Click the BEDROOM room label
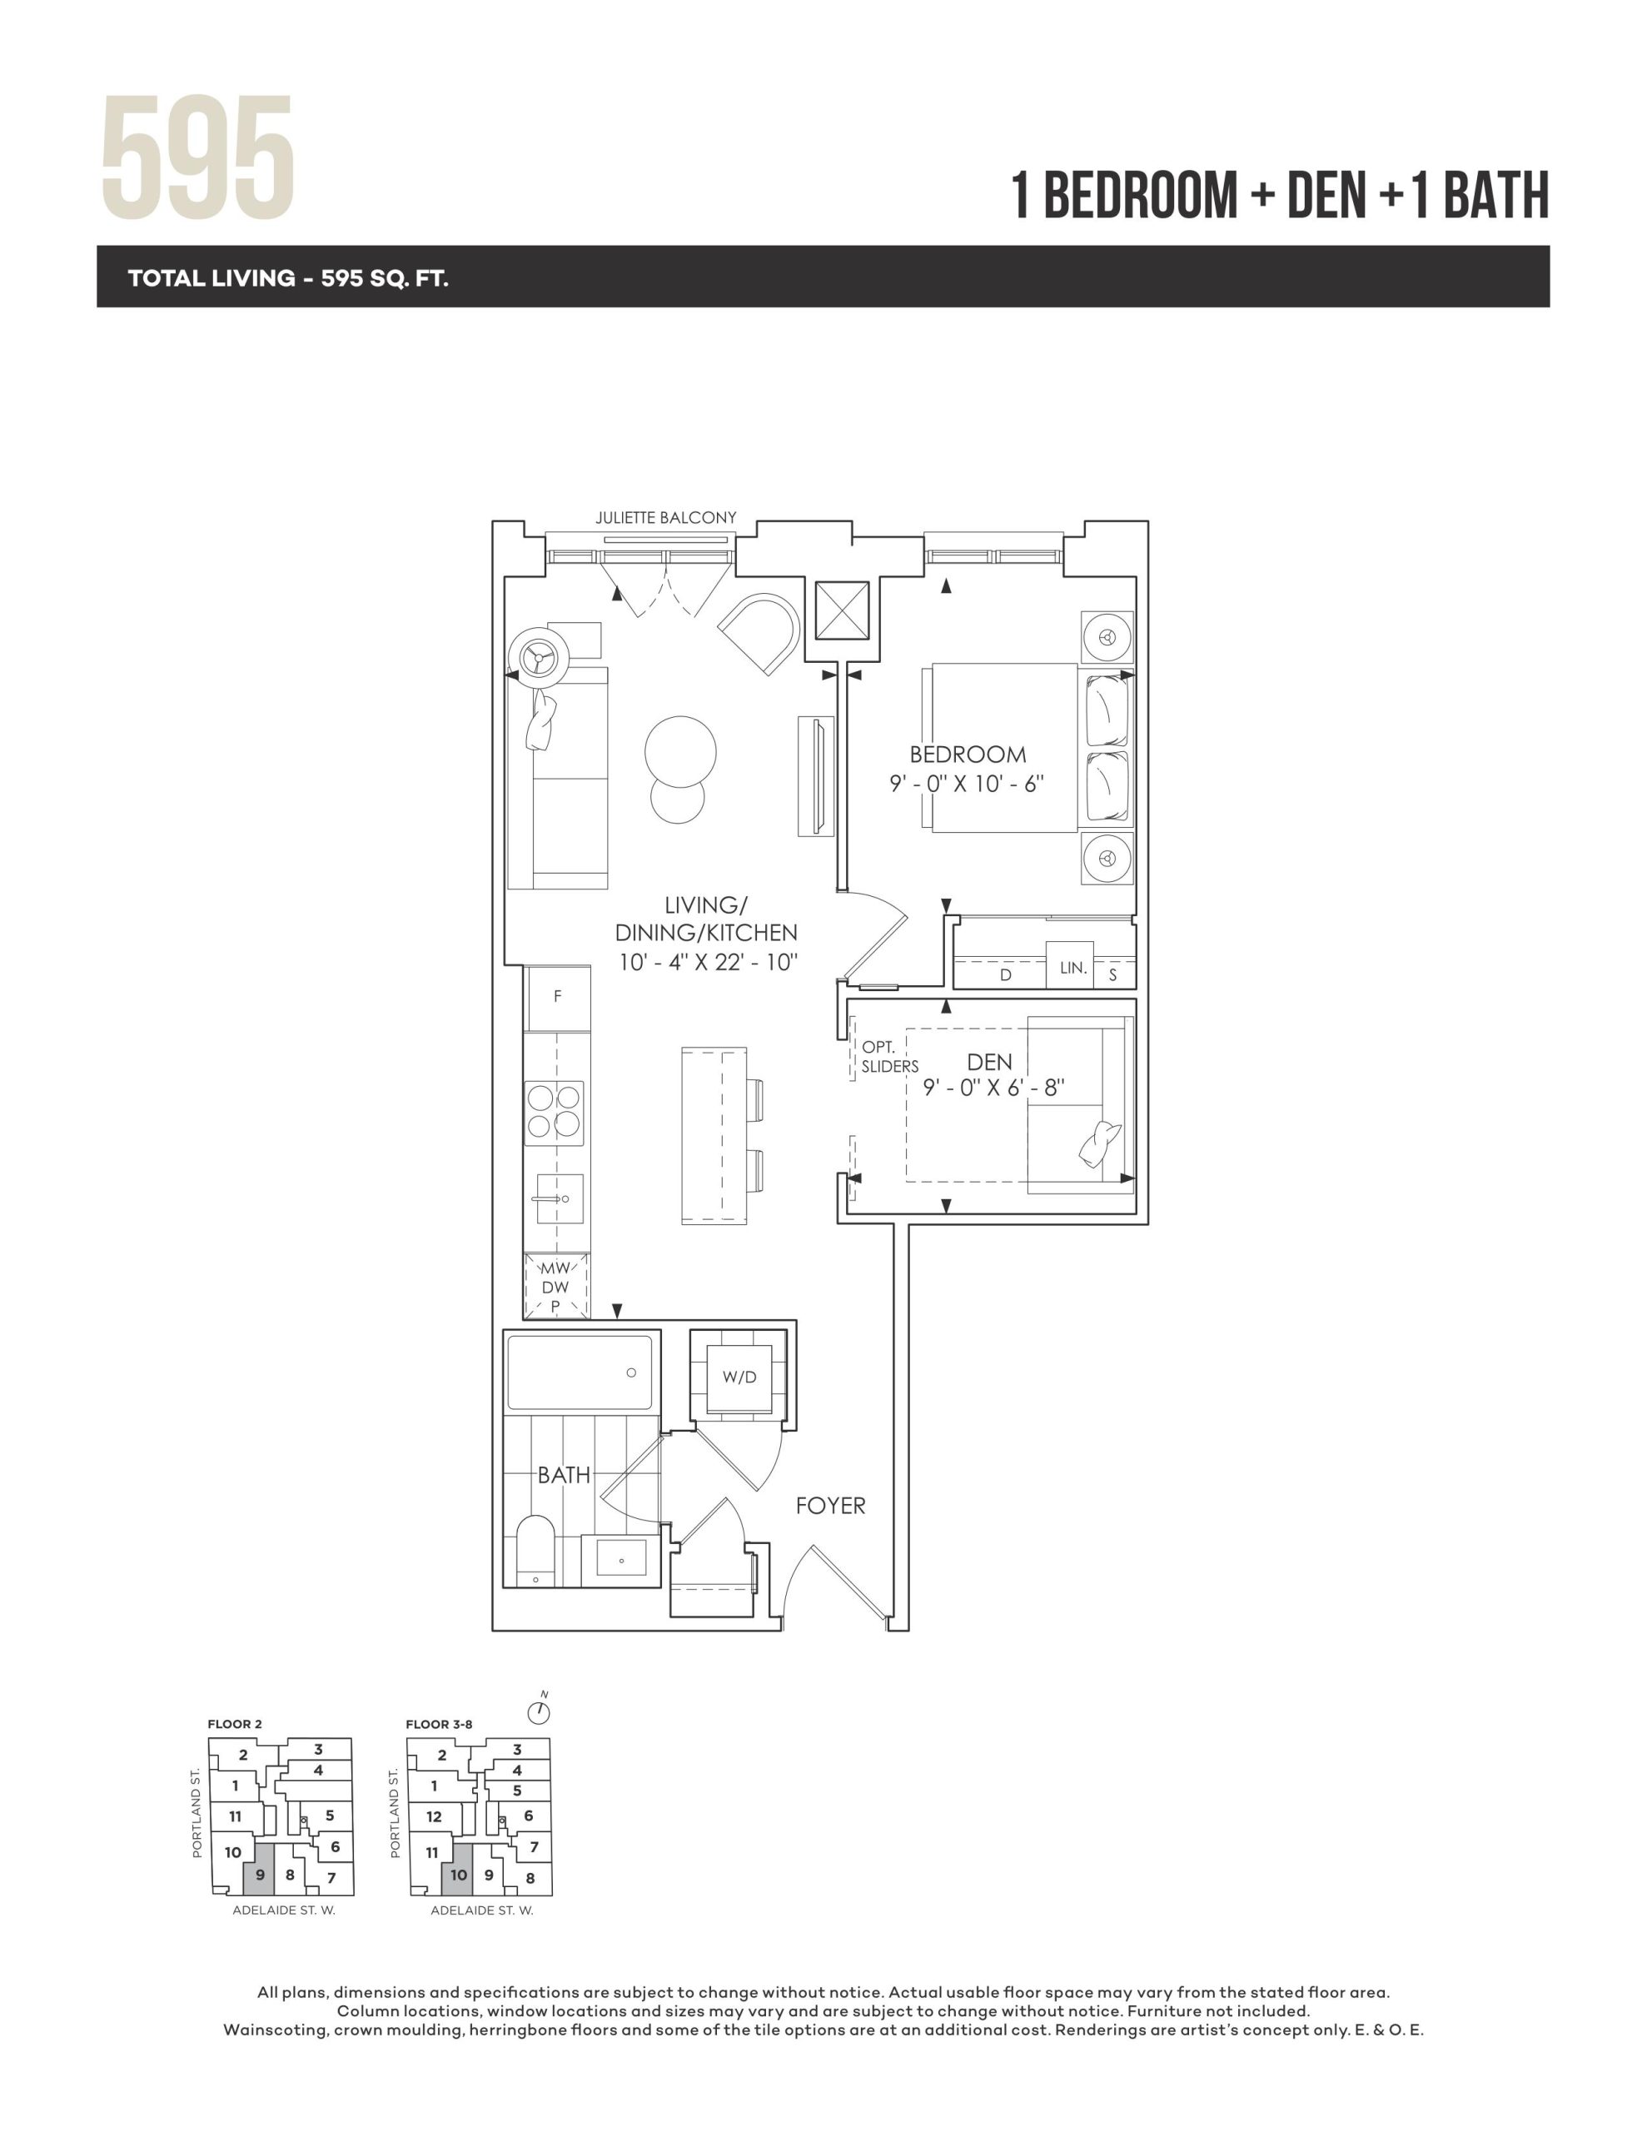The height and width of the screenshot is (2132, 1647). click(968, 754)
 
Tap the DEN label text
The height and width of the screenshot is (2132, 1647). click(989, 1062)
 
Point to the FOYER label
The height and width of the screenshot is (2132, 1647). click(830, 1505)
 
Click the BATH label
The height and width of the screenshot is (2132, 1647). click(564, 1474)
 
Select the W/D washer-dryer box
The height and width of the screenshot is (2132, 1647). click(739, 1377)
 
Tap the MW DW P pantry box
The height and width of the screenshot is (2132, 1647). click(556, 1287)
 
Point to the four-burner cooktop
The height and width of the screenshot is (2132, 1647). click(555, 1112)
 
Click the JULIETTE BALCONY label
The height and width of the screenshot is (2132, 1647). click(666, 517)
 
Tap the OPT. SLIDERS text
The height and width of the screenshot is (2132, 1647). click(889, 1057)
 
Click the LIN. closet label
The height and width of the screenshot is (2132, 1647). click(1073, 968)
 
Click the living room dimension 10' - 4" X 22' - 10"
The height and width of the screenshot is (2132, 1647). click(708, 962)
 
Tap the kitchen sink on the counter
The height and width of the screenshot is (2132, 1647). click(560, 1198)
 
